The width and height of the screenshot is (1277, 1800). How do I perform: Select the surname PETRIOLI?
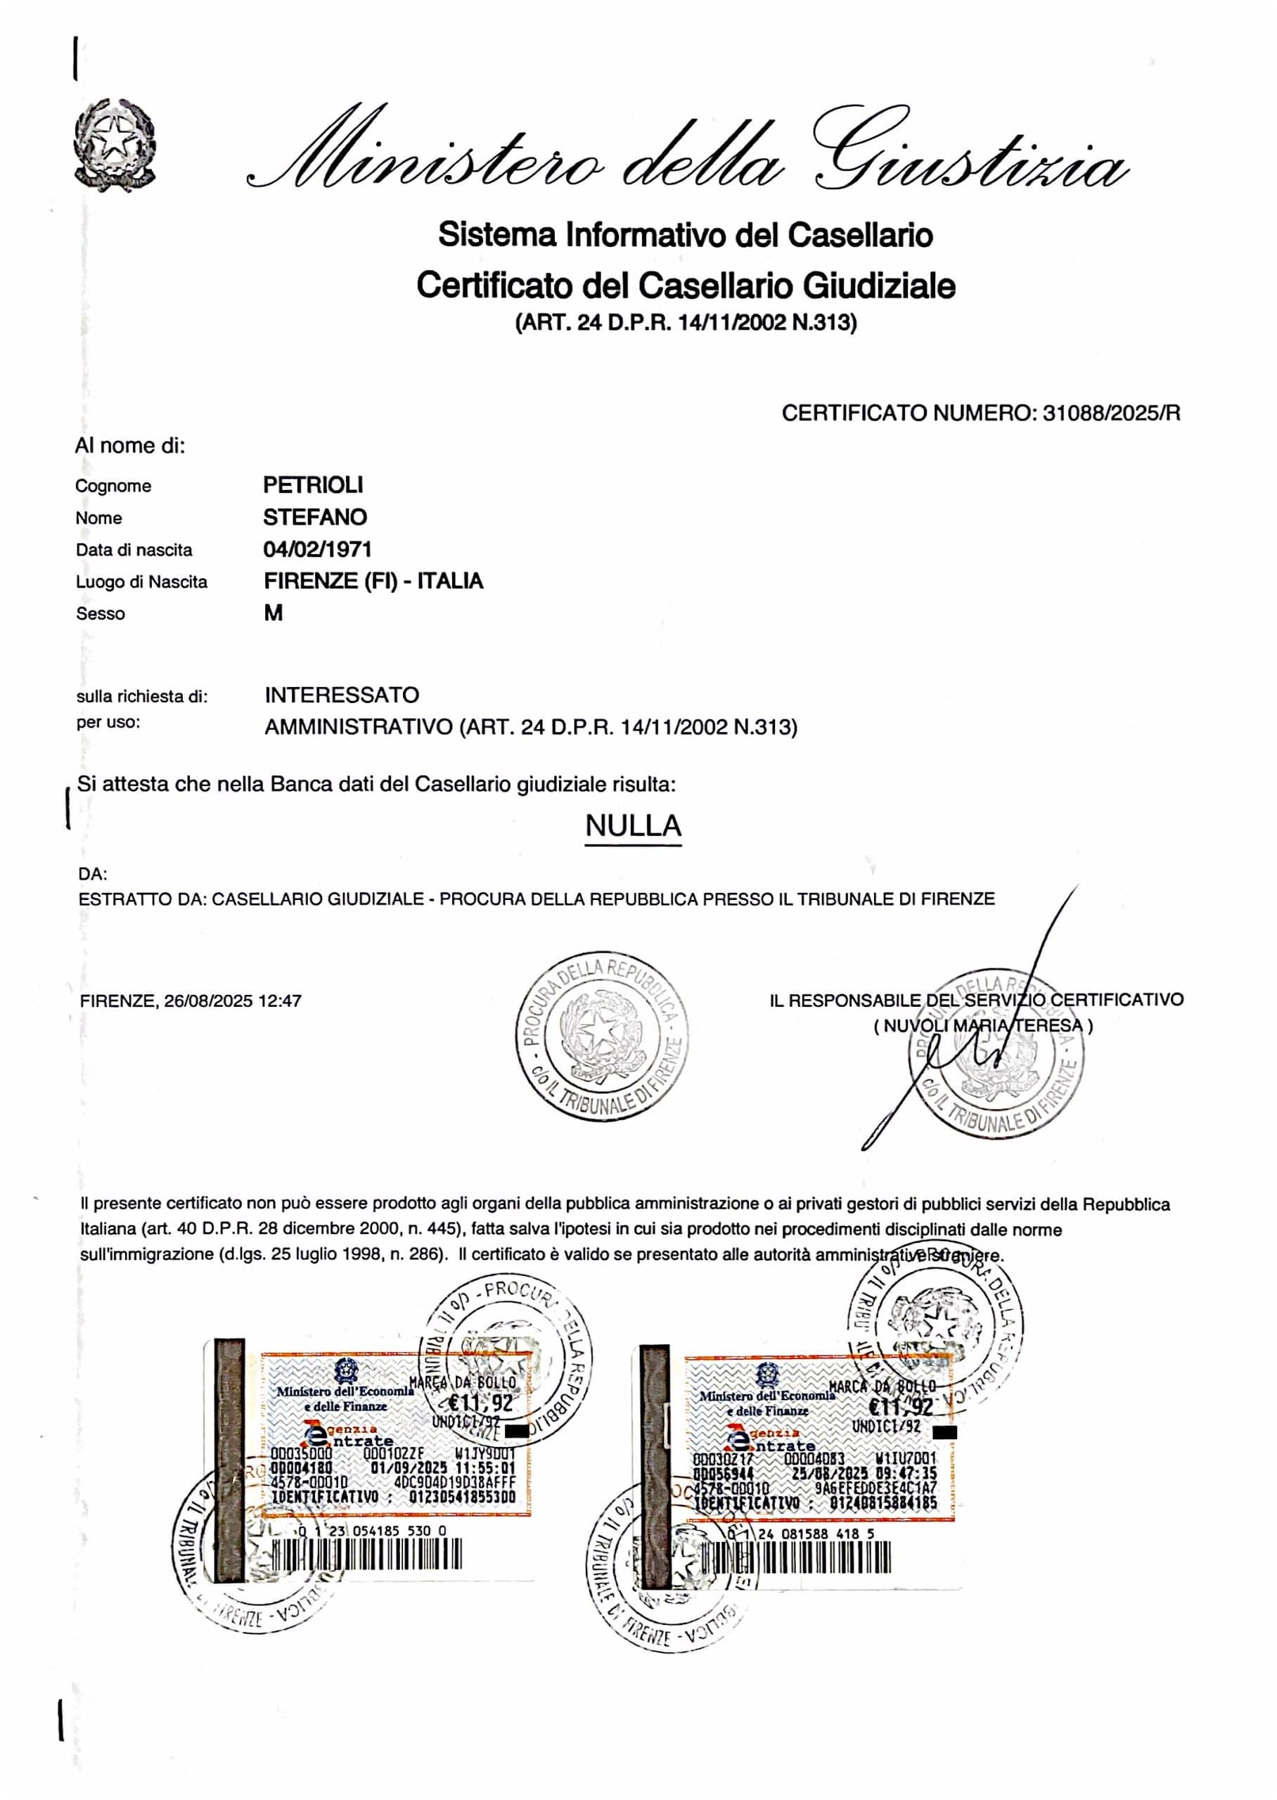(313, 485)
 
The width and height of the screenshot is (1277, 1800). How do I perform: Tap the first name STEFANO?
(314, 517)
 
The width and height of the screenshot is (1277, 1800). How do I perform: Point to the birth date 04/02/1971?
(318, 549)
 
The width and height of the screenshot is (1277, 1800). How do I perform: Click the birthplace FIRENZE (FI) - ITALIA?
(373, 581)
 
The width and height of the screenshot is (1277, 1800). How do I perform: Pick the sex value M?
(273, 613)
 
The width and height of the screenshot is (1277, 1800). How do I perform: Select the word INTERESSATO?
(342, 695)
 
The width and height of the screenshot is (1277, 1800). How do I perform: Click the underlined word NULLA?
(633, 825)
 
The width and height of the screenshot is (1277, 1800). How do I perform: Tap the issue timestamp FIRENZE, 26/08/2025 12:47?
(191, 1001)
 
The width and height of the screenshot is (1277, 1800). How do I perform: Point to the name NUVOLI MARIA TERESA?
(983, 1026)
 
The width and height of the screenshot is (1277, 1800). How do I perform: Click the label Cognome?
(113, 486)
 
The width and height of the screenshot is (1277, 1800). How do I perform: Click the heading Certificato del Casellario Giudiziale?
(686, 285)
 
